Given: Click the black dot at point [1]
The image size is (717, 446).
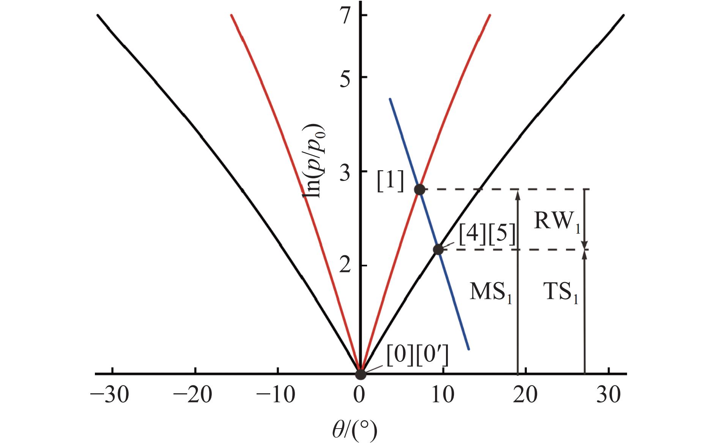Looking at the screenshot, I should [x=419, y=190].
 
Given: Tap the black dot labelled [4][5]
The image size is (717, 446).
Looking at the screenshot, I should [x=438, y=250].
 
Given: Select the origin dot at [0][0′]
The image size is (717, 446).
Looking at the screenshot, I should [x=360, y=374].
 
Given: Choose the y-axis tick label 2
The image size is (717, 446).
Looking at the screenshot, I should [x=345, y=265].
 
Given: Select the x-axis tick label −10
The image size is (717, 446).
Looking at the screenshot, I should [x=275, y=395].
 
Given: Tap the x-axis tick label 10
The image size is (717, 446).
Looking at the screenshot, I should [x=443, y=395].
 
